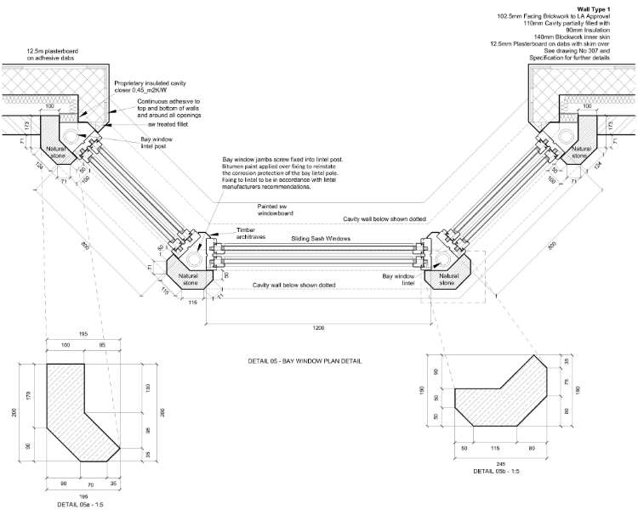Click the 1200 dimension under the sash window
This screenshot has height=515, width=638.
tap(316, 326)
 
